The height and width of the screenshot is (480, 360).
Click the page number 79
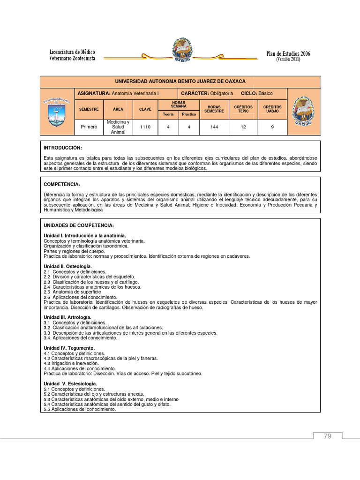(327, 436)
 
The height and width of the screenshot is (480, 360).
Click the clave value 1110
(145, 127)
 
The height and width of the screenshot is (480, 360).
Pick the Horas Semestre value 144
(214, 127)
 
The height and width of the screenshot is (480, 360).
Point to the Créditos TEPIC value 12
(243, 127)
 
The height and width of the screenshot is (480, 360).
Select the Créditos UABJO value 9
(272, 127)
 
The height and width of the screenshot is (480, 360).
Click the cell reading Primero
(89, 127)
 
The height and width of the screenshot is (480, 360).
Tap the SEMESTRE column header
(89, 109)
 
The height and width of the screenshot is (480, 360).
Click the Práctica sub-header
(189, 114)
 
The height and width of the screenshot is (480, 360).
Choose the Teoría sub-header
(168, 114)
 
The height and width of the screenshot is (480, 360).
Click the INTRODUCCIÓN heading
(63, 148)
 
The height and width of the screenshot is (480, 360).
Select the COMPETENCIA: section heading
(62, 184)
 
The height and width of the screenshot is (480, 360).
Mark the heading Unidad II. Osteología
(67, 266)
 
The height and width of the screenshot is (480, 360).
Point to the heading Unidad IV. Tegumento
(69, 348)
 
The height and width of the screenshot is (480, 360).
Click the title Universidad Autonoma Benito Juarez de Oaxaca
(180, 82)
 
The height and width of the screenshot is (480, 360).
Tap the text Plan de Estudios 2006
(288, 54)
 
